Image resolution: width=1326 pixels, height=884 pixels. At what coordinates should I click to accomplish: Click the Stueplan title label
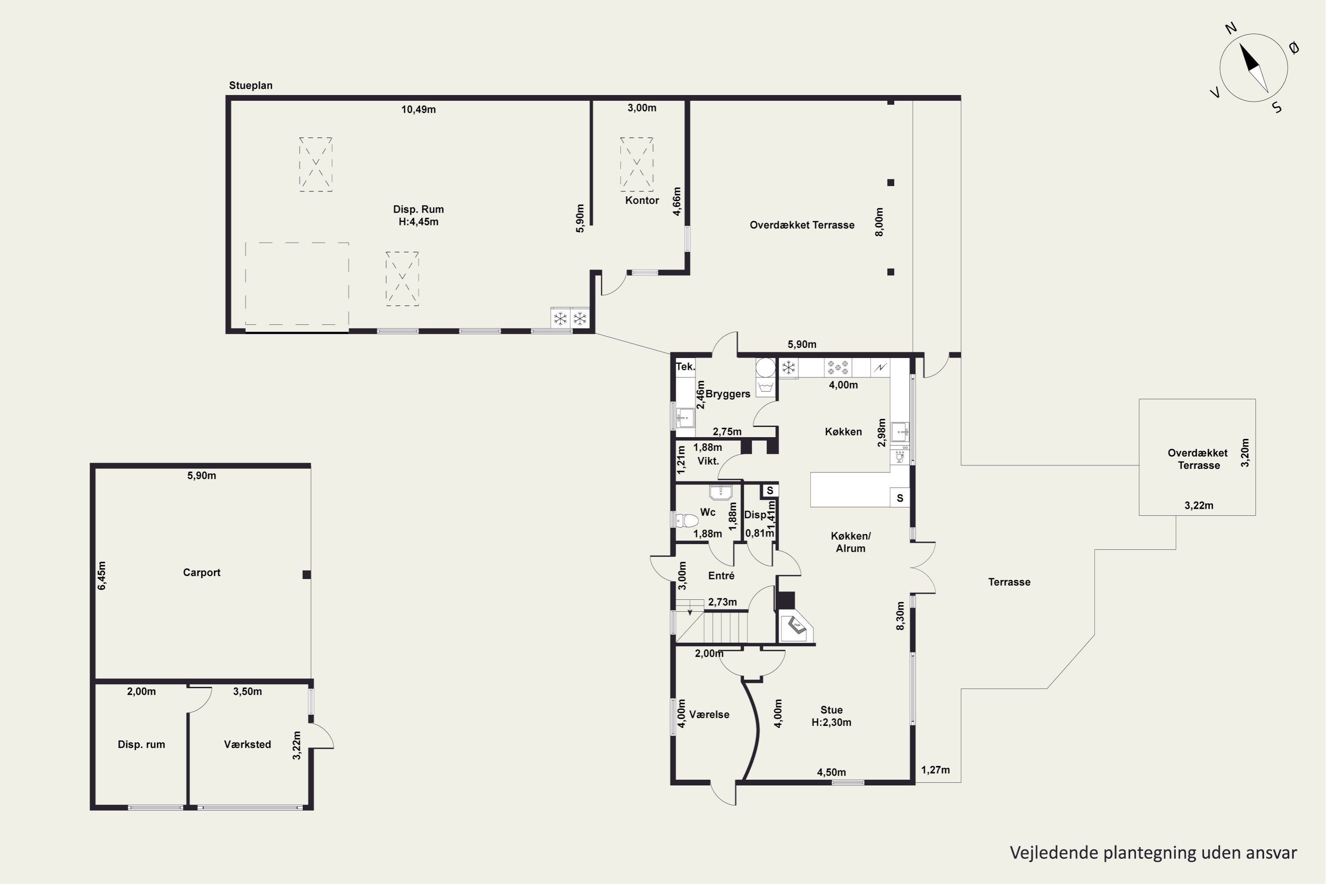pyautogui.click(x=250, y=86)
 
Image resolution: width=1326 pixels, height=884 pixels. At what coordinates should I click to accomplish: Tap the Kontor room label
pyautogui.click(x=642, y=200)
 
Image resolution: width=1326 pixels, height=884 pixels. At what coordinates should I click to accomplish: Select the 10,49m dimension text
pyautogui.click(x=418, y=109)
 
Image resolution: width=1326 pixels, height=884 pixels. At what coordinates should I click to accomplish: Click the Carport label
pyautogui.click(x=201, y=572)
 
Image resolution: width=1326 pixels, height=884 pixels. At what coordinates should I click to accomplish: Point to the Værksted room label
pyautogui.click(x=248, y=744)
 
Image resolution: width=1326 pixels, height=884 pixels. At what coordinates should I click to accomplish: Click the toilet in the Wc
pyautogui.click(x=687, y=520)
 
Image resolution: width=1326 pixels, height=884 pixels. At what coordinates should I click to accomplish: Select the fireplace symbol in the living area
pyautogui.click(x=796, y=627)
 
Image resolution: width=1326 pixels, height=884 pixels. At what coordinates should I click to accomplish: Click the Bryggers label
pyautogui.click(x=728, y=394)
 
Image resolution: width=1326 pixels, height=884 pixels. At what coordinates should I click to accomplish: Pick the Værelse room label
pyautogui.click(x=709, y=714)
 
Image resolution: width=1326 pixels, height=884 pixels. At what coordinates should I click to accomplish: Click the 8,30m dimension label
pyautogui.click(x=900, y=616)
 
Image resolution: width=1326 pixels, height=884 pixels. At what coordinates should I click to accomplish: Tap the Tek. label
pyautogui.click(x=686, y=366)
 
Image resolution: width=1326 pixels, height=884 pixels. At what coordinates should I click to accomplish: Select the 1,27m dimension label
pyautogui.click(x=935, y=770)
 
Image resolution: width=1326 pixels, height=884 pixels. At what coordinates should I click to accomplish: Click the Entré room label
pyautogui.click(x=721, y=575)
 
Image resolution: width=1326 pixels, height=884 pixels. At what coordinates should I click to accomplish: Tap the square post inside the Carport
pyautogui.click(x=307, y=575)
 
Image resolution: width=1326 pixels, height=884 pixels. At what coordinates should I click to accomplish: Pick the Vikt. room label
pyautogui.click(x=708, y=461)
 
